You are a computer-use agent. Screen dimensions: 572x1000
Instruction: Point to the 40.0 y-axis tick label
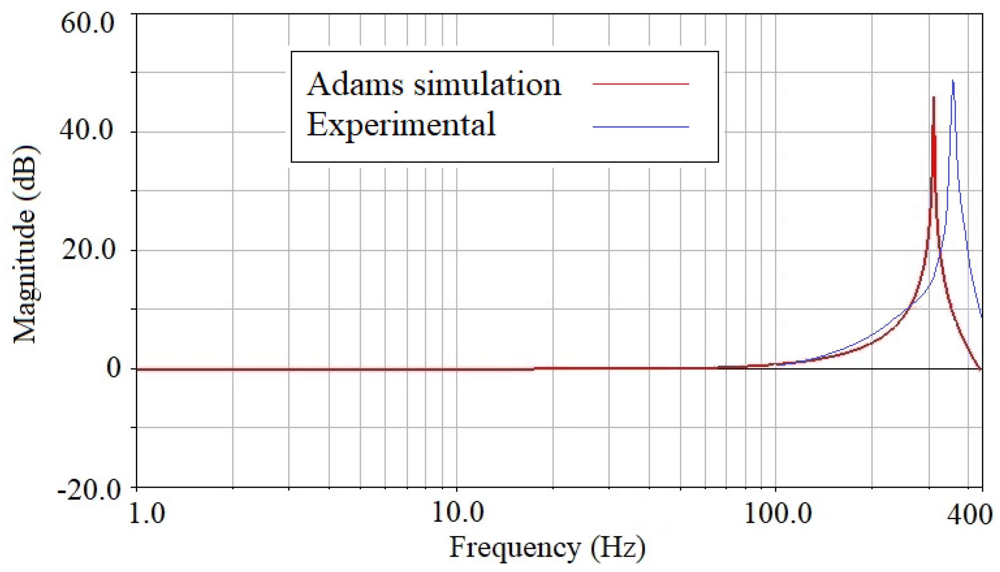point(86,131)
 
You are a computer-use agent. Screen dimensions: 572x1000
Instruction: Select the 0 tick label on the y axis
point(114,369)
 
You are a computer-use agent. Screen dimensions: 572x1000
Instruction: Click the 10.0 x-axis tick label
point(457,513)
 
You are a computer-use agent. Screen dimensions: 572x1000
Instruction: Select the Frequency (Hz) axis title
point(547,547)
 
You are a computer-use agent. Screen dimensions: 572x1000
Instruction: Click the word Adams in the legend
point(355,84)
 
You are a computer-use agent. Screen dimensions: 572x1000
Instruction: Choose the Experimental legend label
point(401,125)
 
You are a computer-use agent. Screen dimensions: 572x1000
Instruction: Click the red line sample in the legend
point(640,84)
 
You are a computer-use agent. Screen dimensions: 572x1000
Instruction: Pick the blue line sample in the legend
point(640,127)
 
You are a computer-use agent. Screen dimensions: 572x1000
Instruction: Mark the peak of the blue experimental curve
point(953,80)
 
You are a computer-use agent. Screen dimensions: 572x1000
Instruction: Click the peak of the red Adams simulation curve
point(934,98)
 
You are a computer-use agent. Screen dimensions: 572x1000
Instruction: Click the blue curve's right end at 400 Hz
point(982,316)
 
